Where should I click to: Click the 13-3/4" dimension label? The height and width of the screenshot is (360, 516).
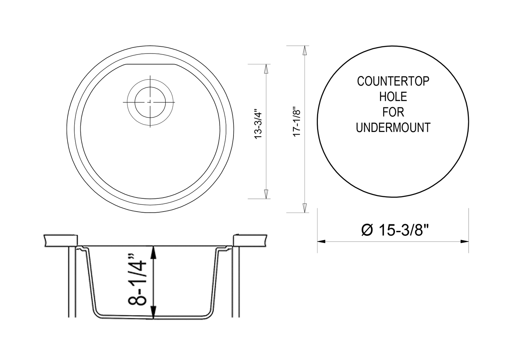(258, 125)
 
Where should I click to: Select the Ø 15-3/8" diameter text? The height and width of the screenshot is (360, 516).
(394, 230)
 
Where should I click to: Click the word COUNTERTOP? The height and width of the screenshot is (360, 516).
(393, 81)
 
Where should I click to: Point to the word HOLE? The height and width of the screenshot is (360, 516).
(393, 97)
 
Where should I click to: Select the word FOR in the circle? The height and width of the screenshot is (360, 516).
(393, 112)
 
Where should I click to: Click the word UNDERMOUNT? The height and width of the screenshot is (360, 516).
(393, 128)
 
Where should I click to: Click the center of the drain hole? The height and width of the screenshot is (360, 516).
(150, 102)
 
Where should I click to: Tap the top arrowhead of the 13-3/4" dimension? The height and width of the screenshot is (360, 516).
(265, 69)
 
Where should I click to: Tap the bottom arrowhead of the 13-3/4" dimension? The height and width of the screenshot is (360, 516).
(265, 194)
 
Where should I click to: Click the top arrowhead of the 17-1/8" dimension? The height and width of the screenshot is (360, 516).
(304, 50)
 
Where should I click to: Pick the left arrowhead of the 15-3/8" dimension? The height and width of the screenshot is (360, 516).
(321, 242)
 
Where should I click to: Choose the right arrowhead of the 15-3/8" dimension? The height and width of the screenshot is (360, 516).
(465, 242)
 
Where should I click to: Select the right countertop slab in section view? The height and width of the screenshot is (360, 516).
(250, 240)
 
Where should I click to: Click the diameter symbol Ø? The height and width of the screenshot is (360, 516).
(367, 230)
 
